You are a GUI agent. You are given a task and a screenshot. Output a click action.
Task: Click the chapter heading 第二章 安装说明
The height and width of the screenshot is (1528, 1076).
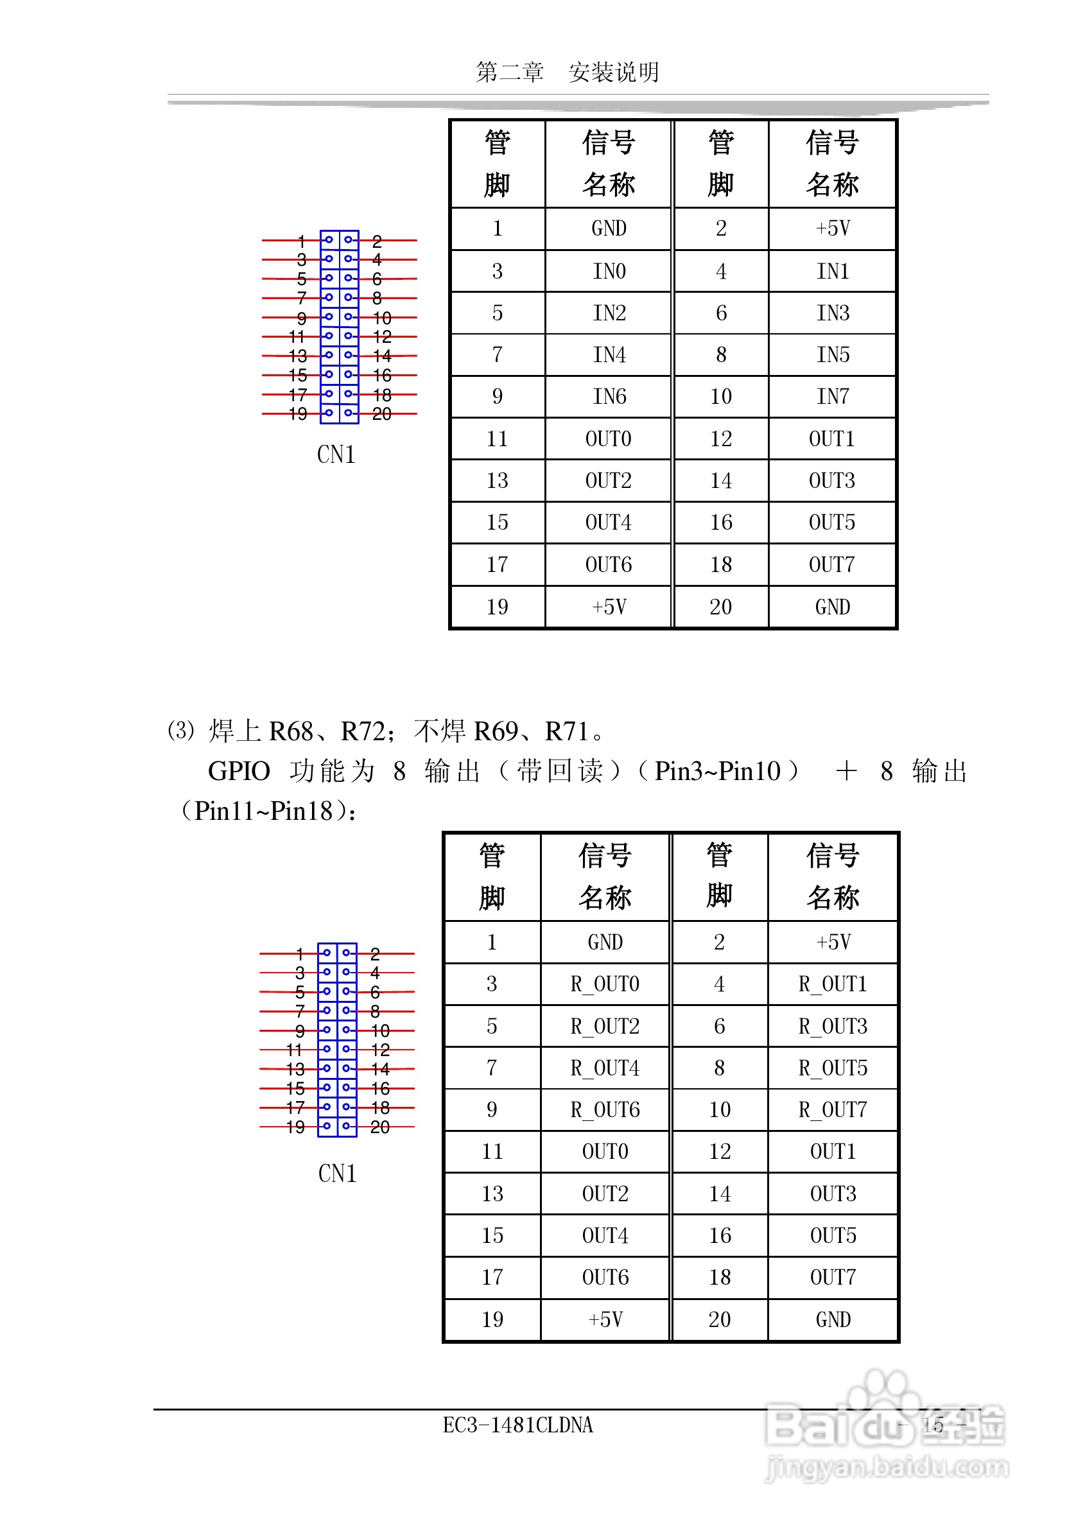coord(567,72)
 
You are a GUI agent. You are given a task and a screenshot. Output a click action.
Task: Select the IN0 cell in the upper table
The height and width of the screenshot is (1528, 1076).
coord(608,271)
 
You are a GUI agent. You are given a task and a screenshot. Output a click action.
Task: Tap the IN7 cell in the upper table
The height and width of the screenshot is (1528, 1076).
coord(832,397)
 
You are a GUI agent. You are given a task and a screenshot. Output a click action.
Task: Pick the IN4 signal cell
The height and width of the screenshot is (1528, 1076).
coord(608,354)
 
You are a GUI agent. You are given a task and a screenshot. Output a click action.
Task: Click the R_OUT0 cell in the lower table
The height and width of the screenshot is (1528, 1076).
coord(604,984)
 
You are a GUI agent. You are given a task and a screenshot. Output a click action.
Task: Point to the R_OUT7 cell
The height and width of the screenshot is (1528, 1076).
coord(832,1109)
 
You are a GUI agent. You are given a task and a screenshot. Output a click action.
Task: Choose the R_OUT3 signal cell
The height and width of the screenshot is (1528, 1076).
coord(832,1026)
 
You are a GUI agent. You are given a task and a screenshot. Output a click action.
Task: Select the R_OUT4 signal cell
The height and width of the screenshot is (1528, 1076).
coord(604,1068)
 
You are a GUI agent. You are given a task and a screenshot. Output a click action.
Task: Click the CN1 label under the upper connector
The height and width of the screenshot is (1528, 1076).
coord(336,455)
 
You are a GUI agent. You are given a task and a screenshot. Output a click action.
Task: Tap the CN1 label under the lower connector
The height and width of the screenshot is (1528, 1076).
coord(337,1174)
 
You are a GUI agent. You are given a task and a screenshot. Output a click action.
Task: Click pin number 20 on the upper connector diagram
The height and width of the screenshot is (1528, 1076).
coord(382,414)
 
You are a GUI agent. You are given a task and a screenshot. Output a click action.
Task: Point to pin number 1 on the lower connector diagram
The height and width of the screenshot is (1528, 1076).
coord(300,953)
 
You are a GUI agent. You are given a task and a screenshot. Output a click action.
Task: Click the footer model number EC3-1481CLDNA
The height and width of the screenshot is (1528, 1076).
coord(517,1425)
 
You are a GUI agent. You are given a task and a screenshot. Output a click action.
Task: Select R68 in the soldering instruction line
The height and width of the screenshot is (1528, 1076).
coord(291,731)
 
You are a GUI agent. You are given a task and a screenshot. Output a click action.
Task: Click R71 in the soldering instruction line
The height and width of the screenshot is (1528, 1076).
coord(566,731)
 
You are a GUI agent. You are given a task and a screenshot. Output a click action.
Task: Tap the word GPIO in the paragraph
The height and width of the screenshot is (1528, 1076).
coord(239,771)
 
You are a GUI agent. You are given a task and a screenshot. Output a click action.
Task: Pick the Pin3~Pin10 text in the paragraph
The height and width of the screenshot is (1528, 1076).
coord(717,771)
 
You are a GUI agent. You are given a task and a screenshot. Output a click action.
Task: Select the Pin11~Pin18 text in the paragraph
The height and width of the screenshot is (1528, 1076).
coord(263,812)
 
